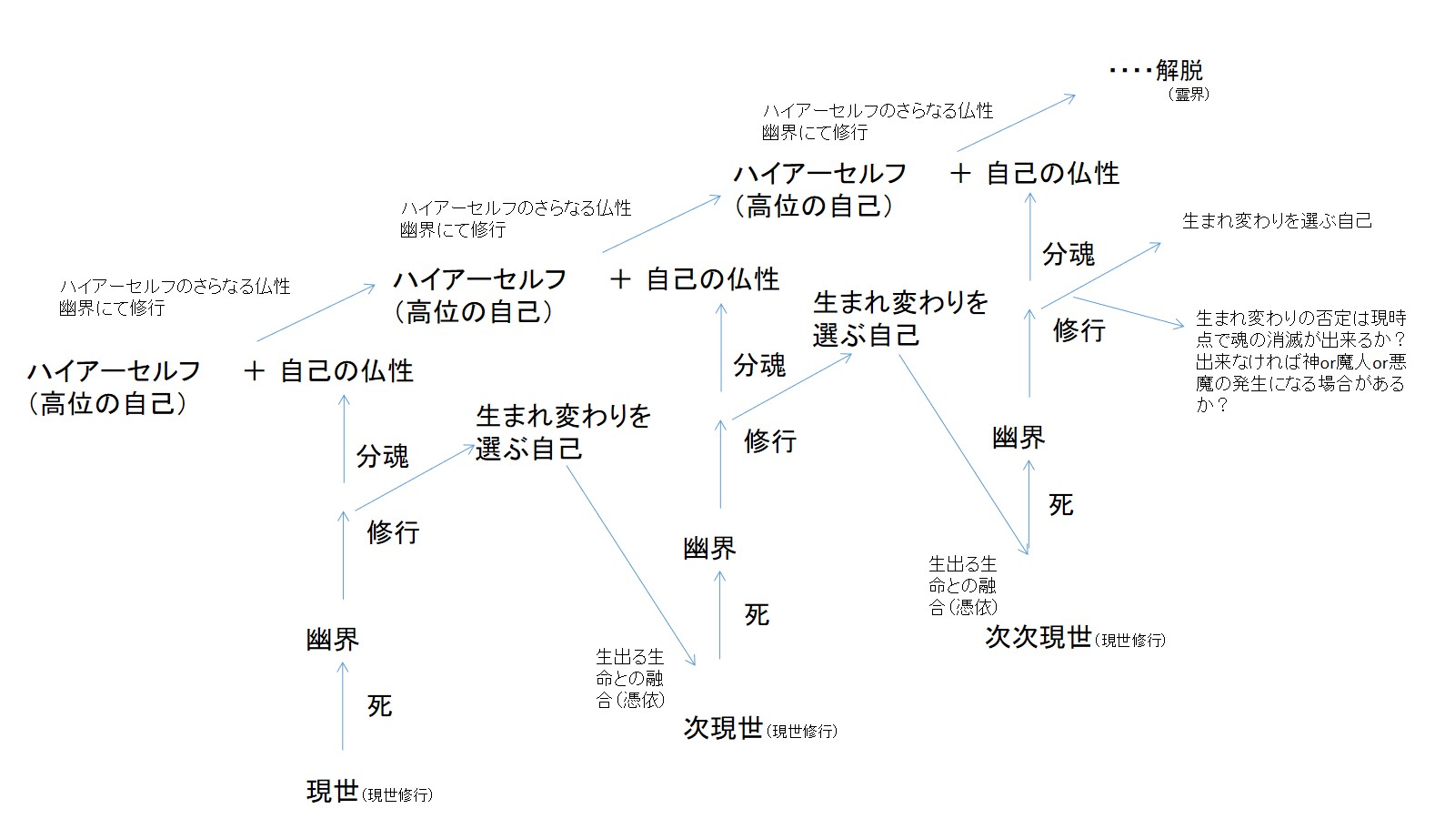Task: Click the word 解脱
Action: [x=1179, y=70]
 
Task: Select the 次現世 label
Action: [x=723, y=728]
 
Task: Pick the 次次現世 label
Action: [x=1039, y=636]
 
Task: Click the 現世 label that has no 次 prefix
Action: [x=332, y=792]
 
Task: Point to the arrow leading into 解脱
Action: [x=1016, y=123]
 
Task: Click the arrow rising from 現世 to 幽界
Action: [x=343, y=705]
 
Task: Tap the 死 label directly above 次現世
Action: [x=757, y=615]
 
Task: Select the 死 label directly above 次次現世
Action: [x=1061, y=505]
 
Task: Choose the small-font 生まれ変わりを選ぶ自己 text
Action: [x=1277, y=221]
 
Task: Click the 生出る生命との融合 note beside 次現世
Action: [x=630, y=678]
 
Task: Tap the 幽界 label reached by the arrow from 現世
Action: [x=333, y=640]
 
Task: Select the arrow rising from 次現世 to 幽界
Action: [x=719, y=614]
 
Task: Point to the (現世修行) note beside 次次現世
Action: [x=1130, y=640]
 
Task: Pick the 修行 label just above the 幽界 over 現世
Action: [x=393, y=532]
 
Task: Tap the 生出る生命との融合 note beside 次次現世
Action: [x=963, y=585]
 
